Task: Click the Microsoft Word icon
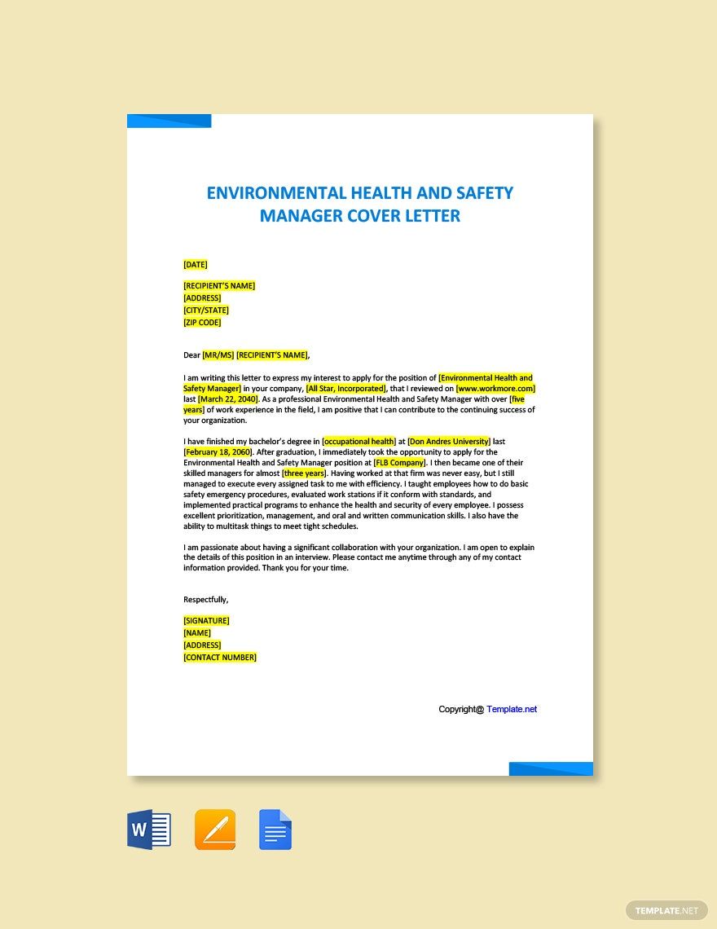click(x=149, y=830)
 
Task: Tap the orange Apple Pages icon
click(x=215, y=830)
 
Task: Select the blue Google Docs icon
click(x=275, y=830)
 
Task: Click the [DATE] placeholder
click(x=196, y=264)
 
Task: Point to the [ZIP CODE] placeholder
click(x=202, y=323)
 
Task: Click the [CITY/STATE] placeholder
click(x=206, y=310)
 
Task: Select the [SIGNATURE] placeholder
click(x=206, y=621)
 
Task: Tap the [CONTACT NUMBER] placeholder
click(x=220, y=658)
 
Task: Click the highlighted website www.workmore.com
click(x=495, y=389)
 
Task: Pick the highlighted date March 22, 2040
click(x=228, y=399)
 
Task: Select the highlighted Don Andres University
click(x=449, y=442)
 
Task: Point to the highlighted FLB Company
click(x=399, y=463)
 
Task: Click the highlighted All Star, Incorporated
click(x=345, y=389)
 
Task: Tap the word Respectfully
click(x=205, y=600)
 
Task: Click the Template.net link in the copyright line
click(x=512, y=709)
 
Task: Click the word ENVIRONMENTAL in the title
click(x=276, y=193)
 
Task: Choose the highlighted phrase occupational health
click(x=359, y=442)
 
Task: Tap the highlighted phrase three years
click(x=304, y=473)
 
